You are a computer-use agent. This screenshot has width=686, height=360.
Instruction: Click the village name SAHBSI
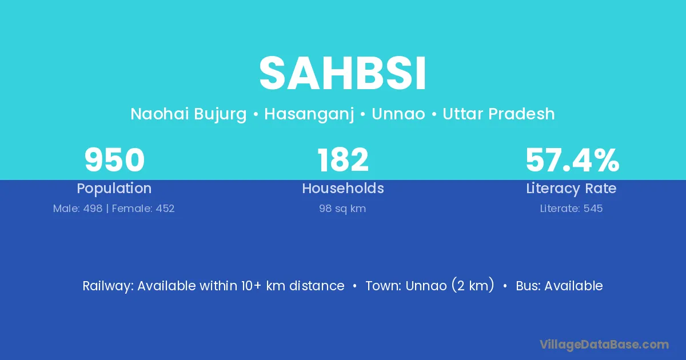(x=342, y=74)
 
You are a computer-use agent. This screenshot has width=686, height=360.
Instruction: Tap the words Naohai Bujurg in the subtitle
(x=188, y=114)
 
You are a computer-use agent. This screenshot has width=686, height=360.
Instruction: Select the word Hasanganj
(x=309, y=114)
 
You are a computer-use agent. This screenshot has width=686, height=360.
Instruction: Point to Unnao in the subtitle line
(x=398, y=114)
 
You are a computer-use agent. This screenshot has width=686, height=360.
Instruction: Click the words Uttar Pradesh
(x=498, y=114)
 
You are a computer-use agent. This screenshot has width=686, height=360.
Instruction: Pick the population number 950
(x=114, y=160)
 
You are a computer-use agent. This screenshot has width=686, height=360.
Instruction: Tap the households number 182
(x=343, y=160)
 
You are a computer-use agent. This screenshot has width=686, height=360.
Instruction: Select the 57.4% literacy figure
(x=572, y=160)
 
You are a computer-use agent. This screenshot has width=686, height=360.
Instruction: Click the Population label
(x=114, y=189)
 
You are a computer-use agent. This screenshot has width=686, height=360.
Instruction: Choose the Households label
(x=343, y=188)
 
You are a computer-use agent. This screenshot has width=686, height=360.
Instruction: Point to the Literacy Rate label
(x=571, y=189)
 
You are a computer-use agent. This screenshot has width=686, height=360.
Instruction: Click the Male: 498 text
(x=78, y=209)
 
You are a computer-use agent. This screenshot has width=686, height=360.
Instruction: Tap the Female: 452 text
(x=143, y=209)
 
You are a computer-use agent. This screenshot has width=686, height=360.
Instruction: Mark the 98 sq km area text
(x=342, y=209)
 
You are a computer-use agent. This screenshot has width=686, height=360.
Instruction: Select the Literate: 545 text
(x=571, y=209)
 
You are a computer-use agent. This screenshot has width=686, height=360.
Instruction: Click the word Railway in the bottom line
(x=108, y=286)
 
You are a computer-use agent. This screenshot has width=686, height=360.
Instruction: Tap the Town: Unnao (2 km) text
(x=430, y=285)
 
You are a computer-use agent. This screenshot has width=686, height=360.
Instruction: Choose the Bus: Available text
(x=559, y=286)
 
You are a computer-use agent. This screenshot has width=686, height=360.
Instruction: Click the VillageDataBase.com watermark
(x=604, y=345)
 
